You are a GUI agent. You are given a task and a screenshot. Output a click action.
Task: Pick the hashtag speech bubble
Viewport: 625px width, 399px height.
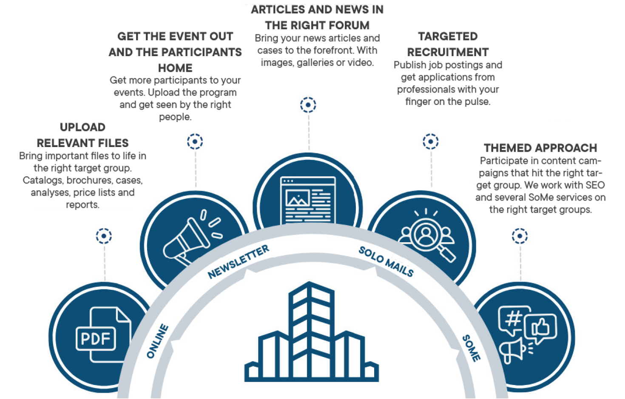coord(513,319)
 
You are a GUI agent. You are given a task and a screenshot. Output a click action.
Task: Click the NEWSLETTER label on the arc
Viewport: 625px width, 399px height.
coord(238,262)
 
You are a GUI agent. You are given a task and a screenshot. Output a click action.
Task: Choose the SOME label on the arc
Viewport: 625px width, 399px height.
coord(471,348)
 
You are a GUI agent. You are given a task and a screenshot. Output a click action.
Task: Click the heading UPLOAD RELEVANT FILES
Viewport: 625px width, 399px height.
coord(82,135)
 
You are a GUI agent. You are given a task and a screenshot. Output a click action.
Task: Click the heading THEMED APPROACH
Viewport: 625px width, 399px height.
coord(540,148)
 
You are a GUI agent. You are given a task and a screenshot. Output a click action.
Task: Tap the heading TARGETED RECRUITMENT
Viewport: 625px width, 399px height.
coord(448,44)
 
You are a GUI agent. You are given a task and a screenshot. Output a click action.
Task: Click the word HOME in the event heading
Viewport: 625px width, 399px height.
coord(175,68)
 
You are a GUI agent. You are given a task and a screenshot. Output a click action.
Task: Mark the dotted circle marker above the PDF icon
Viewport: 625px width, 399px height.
coord(104,236)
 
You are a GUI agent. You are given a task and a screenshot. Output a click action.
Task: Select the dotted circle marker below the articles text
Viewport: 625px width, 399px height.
coord(308,105)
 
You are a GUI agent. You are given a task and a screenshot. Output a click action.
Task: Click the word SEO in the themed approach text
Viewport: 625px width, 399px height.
coord(595,185)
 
